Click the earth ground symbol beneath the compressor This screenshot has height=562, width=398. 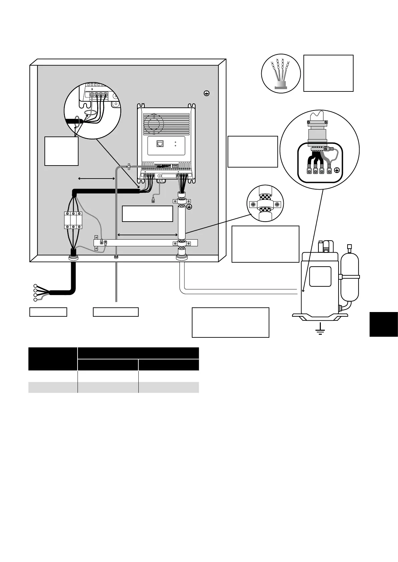click(x=320, y=330)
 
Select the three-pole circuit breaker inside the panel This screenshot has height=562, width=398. click(x=73, y=220)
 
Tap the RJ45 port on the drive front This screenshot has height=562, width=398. click(x=160, y=144)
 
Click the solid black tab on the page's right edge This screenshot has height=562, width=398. click(x=384, y=324)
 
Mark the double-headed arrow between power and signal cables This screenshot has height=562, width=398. click(x=96, y=179)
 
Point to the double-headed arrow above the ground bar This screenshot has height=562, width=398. click(x=147, y=235)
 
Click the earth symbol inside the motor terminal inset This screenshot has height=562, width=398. click(x=337, y=171)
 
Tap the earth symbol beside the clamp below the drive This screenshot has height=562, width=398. click(x=189, y=207)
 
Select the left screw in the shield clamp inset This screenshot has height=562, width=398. click(x=253, y=204)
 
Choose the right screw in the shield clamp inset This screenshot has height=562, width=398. click(x=277, y=204)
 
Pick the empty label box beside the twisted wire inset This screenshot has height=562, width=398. click(x=328, y=73)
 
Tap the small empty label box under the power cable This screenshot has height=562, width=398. click(x=48, y=312)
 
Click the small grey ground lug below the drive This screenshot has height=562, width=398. click(x=153, y=201)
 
